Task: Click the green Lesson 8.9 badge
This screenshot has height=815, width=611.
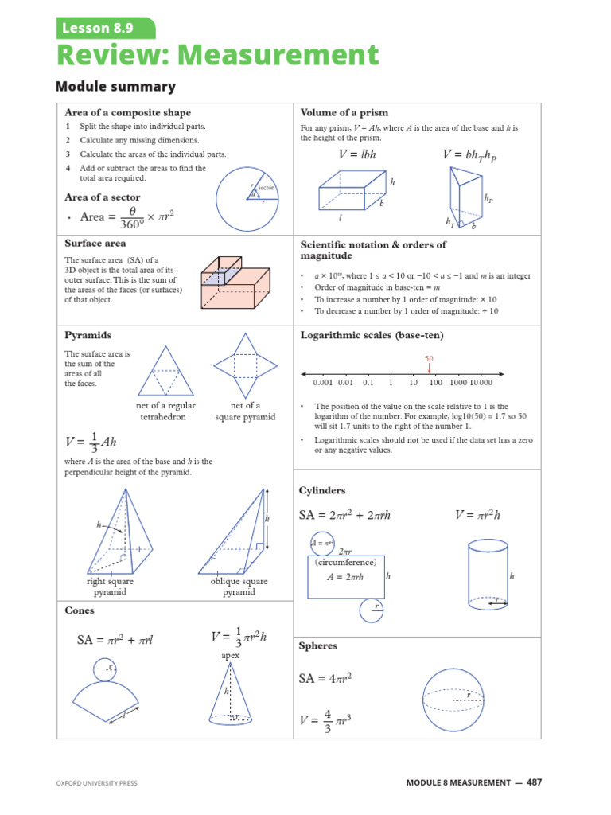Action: coord(106,28)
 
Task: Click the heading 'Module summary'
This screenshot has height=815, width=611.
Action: coord(116,86)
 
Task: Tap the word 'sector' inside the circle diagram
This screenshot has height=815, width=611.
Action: coord(266,188)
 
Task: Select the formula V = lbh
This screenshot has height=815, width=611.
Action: coord(357,154)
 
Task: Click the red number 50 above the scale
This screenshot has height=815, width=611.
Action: coord(429,359)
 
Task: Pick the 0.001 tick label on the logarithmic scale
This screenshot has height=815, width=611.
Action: coord(323,383)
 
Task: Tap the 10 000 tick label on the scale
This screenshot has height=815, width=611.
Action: coord(481,383)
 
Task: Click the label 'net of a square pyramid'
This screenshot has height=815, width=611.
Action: coord(245,411)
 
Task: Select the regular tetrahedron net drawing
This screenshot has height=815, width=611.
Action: coord(165,371)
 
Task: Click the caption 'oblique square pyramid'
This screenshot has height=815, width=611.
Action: coord(239,587)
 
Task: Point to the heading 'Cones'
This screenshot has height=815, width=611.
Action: coord(80,610)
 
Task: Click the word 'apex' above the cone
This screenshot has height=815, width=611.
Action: coord(230,656)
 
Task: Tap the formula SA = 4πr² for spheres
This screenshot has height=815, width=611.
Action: coord(325,678)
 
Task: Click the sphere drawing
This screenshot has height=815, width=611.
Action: coord(453,700)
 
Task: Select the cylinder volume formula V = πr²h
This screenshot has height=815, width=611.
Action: coord(477,515)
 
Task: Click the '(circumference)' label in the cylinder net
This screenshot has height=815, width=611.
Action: coord(345,563)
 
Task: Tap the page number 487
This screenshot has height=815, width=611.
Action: coord(534,782)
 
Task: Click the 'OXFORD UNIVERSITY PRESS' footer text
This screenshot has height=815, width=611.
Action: coord(97,783)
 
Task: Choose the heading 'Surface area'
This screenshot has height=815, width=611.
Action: coord(95,244)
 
